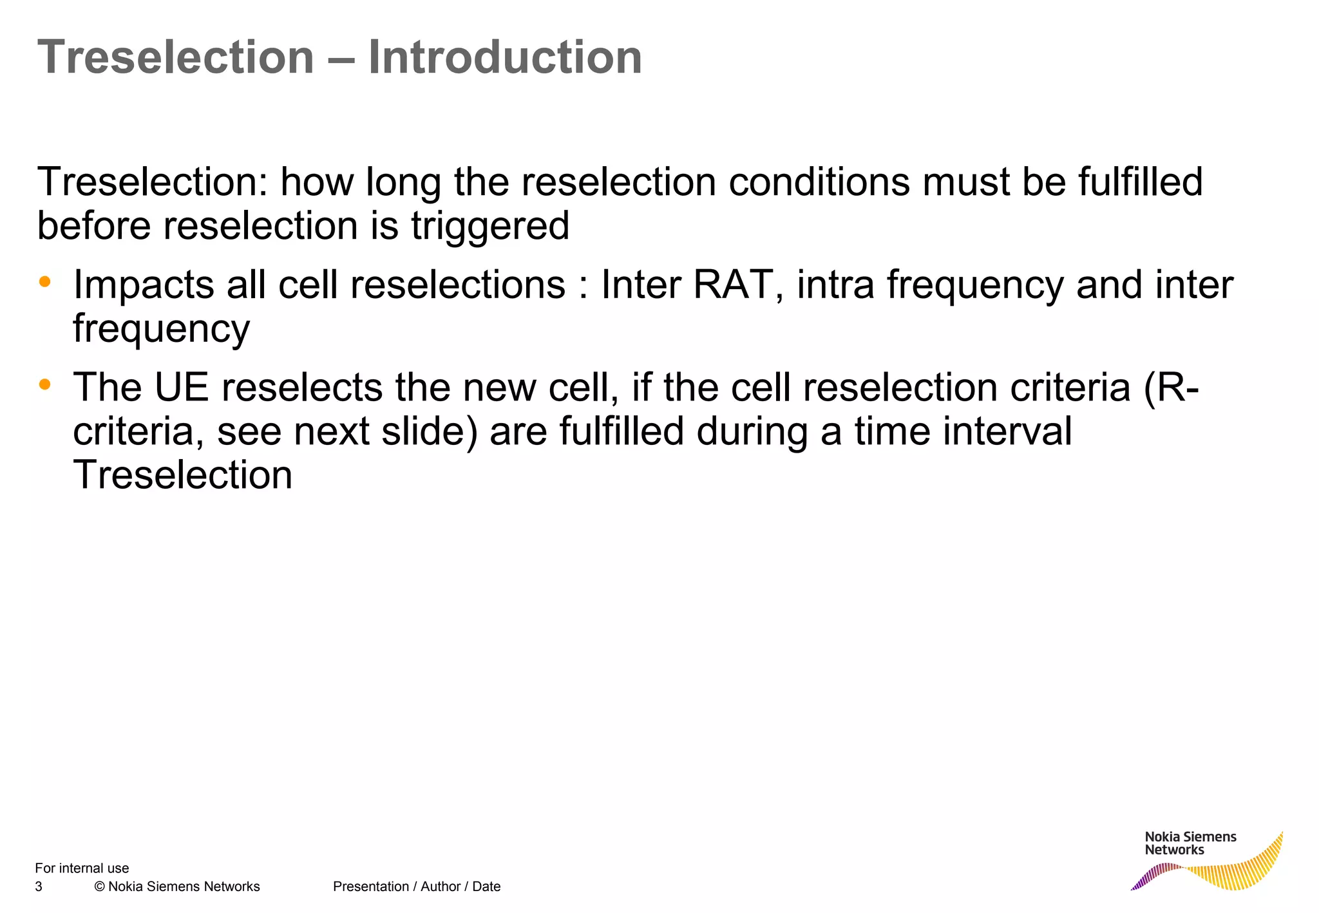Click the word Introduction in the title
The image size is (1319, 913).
pyautogui.click(x=504, y=58)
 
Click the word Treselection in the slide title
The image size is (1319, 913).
pyautogui.click(x=176, y=58)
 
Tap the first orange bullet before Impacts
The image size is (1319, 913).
pyautogui.click(x=44, y=281)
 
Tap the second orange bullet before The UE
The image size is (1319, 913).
pyautogui.click(x=44, y=384)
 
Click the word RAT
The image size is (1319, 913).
pyautogui.click(x=732, y=285)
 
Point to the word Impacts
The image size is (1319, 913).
pyautogui.click(x=143, y=286)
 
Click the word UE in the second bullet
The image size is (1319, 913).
pyautogui.click(x=182, y=388)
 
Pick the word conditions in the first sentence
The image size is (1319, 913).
pyautogui.click(x=819, y=182)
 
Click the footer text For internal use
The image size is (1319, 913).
pyautogui.click(x=82, y=868)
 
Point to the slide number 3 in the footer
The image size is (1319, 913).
pyautogui.click(x=39, y=887)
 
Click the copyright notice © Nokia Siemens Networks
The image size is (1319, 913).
pyautogui.click(x=177, y=887)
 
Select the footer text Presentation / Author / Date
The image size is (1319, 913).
pyautogui.click(x=417, y=887)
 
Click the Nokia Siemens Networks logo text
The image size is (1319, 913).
pyautogui.click(x=1190, y=843)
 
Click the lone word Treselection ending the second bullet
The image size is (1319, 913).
pyautogui.click(x=183, y=475)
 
